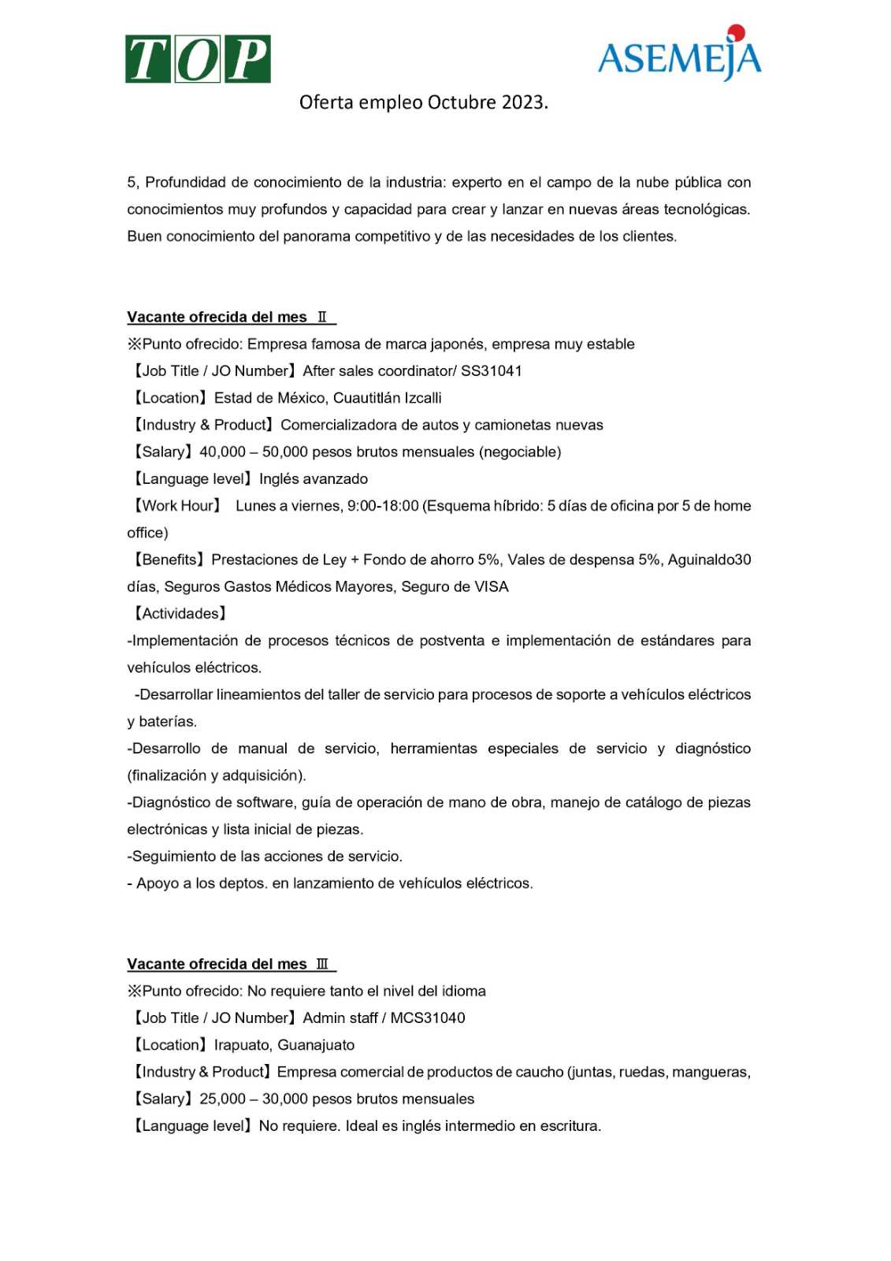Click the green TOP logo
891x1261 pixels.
point(198,59)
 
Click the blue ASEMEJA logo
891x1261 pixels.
point(679,58)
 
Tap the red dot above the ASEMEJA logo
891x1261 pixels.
point(737,32)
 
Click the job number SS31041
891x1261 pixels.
point(492,371)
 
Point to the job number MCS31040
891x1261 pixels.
point(428,1018)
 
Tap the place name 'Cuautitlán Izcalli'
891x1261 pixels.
point(388,398)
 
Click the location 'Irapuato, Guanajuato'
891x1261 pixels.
point(284,1045)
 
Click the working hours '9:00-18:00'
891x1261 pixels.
point(383,506)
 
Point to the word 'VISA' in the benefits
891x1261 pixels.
point(492,587)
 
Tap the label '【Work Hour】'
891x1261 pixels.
point(177,506)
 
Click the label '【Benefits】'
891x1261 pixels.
point(169,560)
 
